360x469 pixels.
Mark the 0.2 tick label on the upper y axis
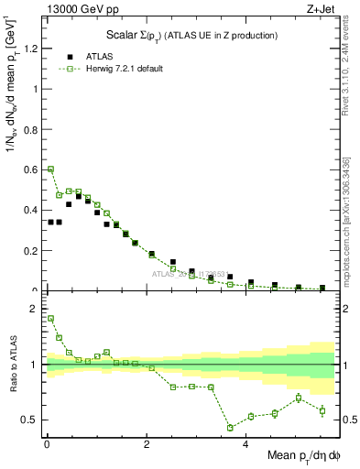point(30,251)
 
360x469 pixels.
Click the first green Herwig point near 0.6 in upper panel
point(50,169)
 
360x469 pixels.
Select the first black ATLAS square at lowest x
point(50,222)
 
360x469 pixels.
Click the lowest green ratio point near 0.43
point(230,428)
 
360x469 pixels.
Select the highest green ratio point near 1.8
point(50,319)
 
